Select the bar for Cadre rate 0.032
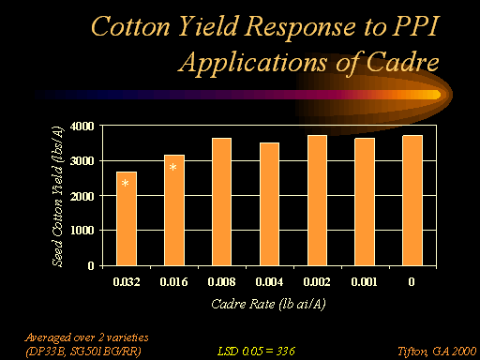coord(127,218)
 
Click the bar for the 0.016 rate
coord(174,210)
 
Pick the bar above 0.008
coord(221,202)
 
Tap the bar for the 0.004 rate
coord(269,204)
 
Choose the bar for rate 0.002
coord(317,201)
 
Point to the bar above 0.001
coord(365,202)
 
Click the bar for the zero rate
coord(412,201)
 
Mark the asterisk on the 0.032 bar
coord(125,183)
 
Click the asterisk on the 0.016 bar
coord(172,167)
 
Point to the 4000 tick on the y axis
coord(82,127)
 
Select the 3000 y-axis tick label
coord(82,161)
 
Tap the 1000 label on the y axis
coord(82,231)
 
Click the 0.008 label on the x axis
coord(221,282)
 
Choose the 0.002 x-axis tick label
coord(317,282)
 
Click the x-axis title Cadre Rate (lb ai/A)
coord(268,304)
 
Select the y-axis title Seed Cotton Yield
coord(57,196)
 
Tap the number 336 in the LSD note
coord(286,352)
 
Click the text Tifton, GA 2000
coord(437,352)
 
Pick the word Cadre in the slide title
coord(402,62)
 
